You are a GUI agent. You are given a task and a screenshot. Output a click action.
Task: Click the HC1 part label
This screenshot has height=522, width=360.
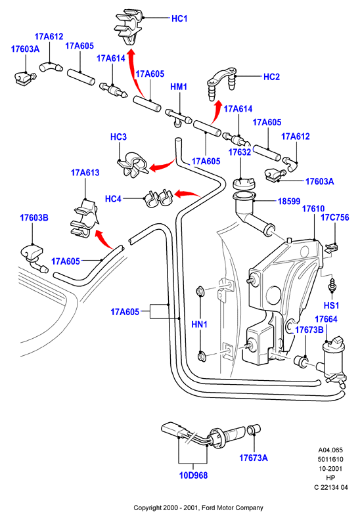point(179,18)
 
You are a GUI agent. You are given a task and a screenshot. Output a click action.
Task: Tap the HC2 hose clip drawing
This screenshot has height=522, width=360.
point(222,83)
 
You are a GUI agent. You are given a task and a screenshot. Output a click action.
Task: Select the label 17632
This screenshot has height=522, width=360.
point(239,152)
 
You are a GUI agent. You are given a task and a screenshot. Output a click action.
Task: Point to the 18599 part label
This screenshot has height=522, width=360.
point(289,201)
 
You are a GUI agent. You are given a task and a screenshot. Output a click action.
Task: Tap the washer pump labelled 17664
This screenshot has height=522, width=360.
point(334,363)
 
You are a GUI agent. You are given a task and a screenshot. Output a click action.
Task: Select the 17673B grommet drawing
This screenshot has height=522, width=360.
point(301,361)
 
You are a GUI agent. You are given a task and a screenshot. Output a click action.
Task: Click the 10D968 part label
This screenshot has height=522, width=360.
point(193,475)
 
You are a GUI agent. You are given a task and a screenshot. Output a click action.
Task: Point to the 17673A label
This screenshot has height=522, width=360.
point(253,458)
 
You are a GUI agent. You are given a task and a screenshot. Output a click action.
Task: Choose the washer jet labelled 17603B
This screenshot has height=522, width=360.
point(34,258)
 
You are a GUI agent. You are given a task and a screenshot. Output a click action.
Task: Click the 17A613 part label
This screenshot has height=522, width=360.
point(85,173)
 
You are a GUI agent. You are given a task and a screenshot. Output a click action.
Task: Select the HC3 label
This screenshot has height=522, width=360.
point(118,137)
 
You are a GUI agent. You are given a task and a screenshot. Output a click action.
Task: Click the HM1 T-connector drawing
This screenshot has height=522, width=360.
point(179,118)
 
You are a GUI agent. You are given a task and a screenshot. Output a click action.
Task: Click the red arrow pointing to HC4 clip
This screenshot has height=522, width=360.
point(186,194)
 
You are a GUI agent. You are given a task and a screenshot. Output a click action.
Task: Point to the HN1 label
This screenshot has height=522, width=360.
point(199,324)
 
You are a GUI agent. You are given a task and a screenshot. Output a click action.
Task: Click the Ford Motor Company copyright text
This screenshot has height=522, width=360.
point(198,508)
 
